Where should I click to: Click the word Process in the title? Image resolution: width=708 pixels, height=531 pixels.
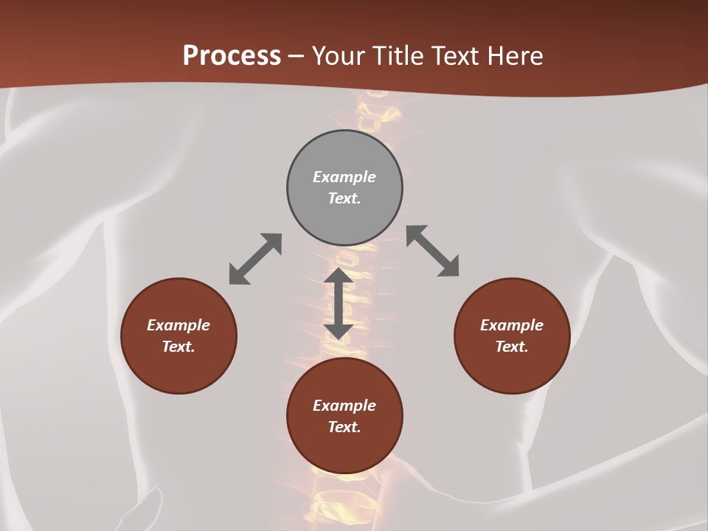click(x=232, y=56)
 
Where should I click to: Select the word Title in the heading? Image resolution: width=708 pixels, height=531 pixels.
click(x=401, y=56)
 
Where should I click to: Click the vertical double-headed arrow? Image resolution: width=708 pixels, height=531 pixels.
click(x=339, y=303)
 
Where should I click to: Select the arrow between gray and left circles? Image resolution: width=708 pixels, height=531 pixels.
click(x=255, y=259)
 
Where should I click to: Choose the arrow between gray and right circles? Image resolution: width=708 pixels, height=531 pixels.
click(x=432, y=251)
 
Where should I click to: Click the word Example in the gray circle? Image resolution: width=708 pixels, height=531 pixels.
click(x=344, y=177)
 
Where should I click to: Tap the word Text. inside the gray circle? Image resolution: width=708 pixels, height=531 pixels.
click(x=344, y=198)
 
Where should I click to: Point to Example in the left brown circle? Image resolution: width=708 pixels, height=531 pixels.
click(x=178, y=325)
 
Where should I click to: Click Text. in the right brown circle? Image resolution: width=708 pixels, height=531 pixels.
click(x=512, y=347)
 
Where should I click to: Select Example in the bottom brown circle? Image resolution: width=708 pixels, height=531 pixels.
click(x=344, y=406)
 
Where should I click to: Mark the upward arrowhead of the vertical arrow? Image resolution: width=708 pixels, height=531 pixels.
click(x=339, y=276)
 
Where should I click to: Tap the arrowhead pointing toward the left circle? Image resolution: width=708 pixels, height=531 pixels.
click(x=238, y=275)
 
